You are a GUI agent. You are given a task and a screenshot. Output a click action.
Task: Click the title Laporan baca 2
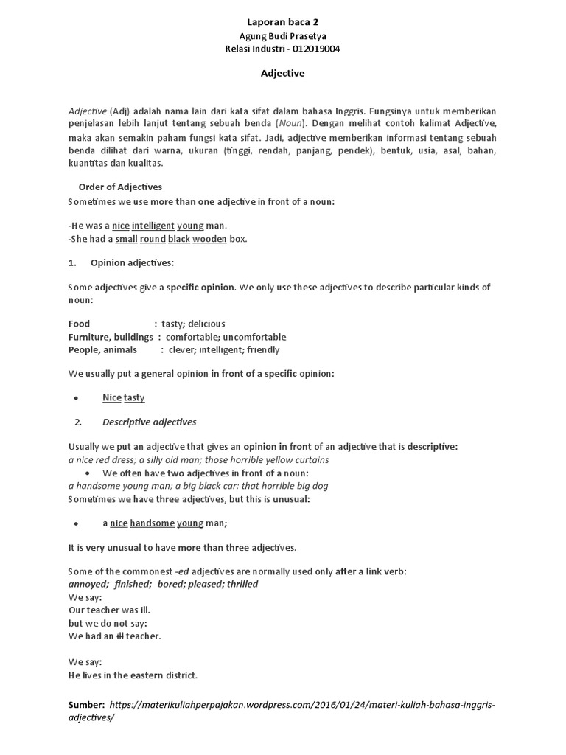point(282,23)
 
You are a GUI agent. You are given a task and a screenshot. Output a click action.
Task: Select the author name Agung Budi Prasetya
point(282,36)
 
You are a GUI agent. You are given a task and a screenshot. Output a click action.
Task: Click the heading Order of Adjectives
point(120,187)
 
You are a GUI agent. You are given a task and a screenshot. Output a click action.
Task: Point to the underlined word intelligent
point(153,226)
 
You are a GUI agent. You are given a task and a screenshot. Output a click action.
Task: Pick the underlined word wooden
point(209,239)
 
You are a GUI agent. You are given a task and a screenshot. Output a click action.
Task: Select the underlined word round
point(152,239)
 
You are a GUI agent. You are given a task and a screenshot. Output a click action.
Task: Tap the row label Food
point(79,324)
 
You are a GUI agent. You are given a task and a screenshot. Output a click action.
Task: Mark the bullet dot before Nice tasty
point(77,398)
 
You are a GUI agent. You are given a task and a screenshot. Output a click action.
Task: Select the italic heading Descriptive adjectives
point(149,422)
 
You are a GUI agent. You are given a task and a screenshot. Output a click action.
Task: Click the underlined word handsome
point(152,523)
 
